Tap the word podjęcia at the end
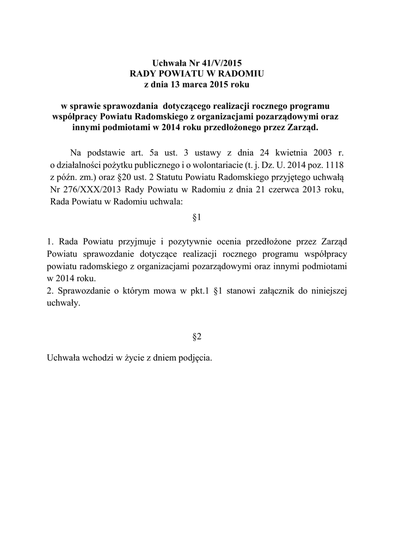click(x=193, y=358)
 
